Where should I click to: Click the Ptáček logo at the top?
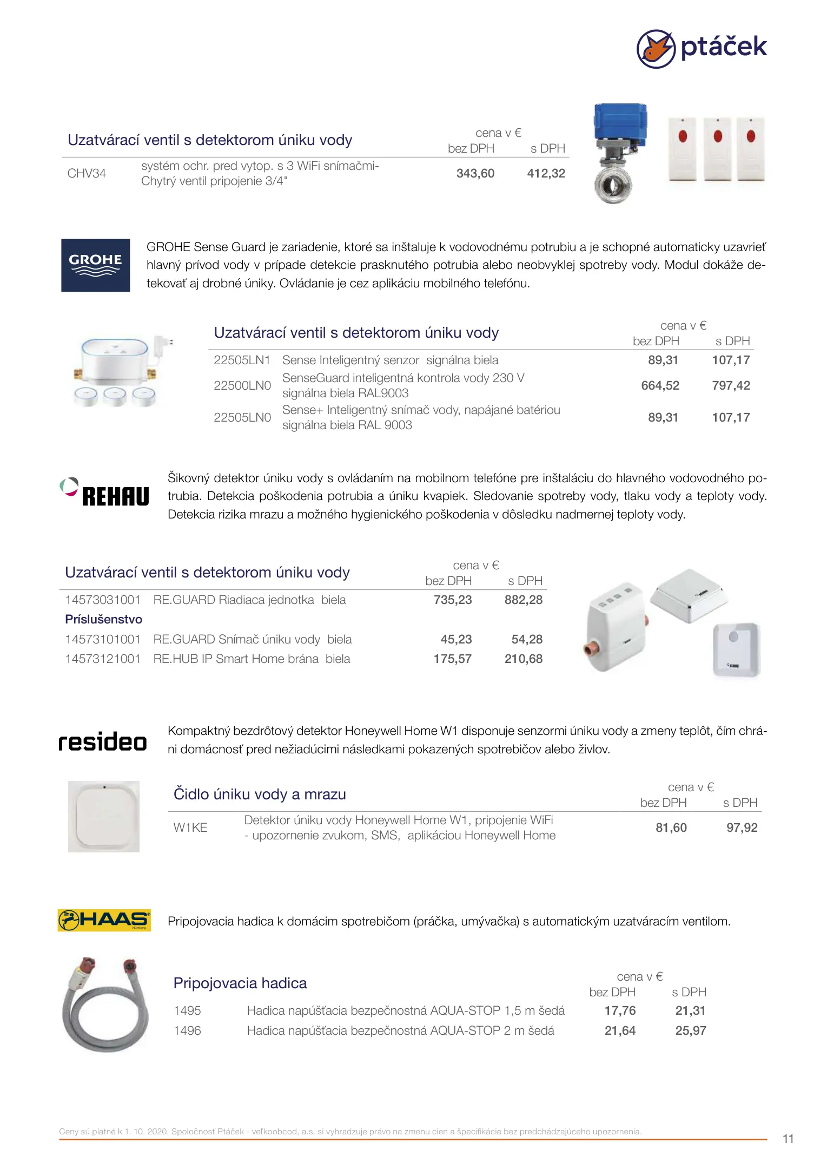pos(702,48)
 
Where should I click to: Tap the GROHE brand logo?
pos(96,265)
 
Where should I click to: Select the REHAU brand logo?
pos(104,492)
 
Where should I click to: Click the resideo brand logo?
pos(103,741)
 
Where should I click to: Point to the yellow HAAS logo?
pos(104,920)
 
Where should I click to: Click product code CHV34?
pos(87,174)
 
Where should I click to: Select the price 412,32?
pos(546,174)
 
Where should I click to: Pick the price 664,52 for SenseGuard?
pos(660,386)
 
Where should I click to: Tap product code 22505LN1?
pos(242,360)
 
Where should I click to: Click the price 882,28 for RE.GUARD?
pos(523,600)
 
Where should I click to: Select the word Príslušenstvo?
pos(104,620)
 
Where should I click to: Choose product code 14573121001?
pos(103,659)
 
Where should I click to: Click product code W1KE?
pos(190,828)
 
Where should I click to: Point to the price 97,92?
pos(742,828)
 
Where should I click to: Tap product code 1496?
pos(187,1031)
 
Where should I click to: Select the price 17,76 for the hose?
pos(620,1011)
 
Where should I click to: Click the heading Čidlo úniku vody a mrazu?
pos(260,794)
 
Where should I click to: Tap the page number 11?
pos(788,1139)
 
